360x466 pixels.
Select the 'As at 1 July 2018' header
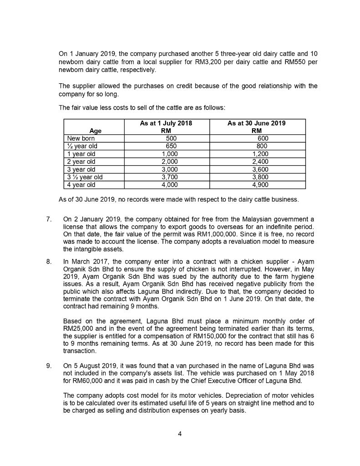[166, 123]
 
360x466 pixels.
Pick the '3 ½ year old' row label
[85, 177]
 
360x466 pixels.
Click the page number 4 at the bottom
[180, 433]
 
